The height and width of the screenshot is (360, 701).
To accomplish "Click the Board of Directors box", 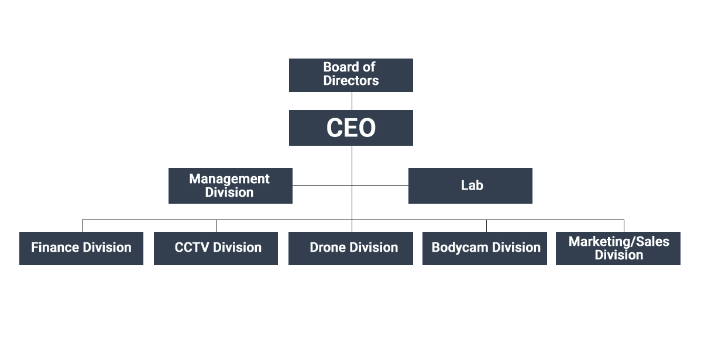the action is coord(351,75).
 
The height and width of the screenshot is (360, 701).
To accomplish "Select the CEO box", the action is coord(351,128).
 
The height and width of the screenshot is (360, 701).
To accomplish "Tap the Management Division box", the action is coord(230,186).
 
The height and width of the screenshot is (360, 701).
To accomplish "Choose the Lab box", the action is coord(470,186).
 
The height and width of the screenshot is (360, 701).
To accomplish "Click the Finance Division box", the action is coord(81,249).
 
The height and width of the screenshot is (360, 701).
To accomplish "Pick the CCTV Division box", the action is coord(216,249).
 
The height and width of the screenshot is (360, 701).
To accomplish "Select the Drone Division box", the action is coord(351,249).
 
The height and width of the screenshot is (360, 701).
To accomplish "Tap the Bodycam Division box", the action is coord(484,249).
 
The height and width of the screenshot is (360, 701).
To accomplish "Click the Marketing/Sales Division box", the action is coord(618,249).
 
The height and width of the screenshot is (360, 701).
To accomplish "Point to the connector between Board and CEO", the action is coord(352,101).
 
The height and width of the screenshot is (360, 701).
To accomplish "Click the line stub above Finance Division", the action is coord(83,226).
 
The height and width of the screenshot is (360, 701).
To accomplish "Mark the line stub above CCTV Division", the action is coord(217,226).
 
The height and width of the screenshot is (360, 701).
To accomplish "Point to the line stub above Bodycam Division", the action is coord(486,226).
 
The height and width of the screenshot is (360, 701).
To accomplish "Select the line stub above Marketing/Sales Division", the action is coord(624,226).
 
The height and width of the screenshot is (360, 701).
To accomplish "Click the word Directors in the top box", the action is coord(351,81).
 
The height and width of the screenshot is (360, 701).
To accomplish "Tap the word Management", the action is coord(229,179).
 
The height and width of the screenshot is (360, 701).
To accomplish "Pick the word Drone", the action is coord(327,247).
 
